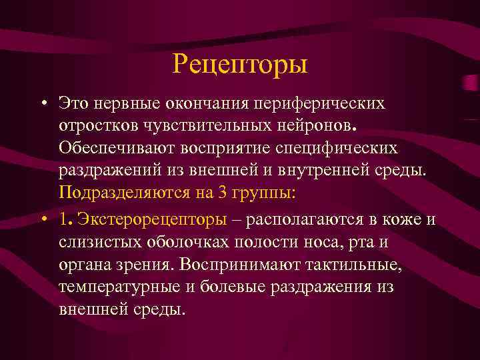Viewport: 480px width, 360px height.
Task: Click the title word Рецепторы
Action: (240, 64)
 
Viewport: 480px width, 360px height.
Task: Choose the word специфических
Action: (360, 147)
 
